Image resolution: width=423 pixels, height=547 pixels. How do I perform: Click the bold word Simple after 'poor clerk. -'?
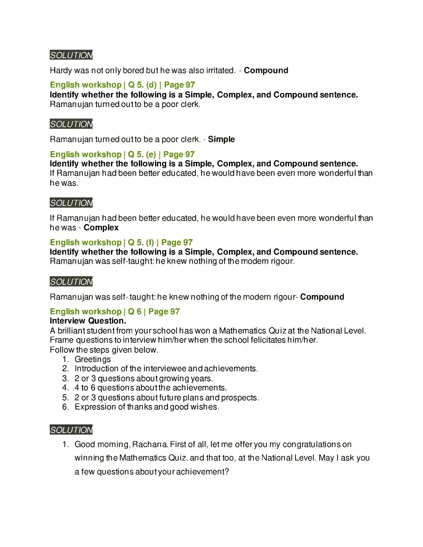[x=221, y=139]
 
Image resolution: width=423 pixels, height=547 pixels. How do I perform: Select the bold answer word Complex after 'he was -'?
[x=101, y=228]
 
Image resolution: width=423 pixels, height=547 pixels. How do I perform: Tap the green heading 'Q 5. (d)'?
[x=142, y=85]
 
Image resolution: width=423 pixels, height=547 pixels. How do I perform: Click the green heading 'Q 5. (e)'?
[x=142, y=154]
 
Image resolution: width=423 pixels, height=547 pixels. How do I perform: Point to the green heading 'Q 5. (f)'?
[x=141, y=242]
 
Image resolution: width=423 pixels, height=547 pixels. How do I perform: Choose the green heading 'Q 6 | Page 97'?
[x=154, y=311]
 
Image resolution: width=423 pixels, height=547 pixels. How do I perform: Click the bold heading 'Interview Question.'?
[x=88, y=320]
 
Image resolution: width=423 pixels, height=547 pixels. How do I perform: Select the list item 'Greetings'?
[x=93, y=359]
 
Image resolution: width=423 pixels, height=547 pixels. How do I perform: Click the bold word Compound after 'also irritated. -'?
[x=266, y=70]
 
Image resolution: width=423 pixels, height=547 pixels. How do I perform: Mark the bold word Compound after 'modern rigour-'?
[x=322, y=297]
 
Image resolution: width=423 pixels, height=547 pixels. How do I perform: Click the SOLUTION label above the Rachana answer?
[x=71, y=430]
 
